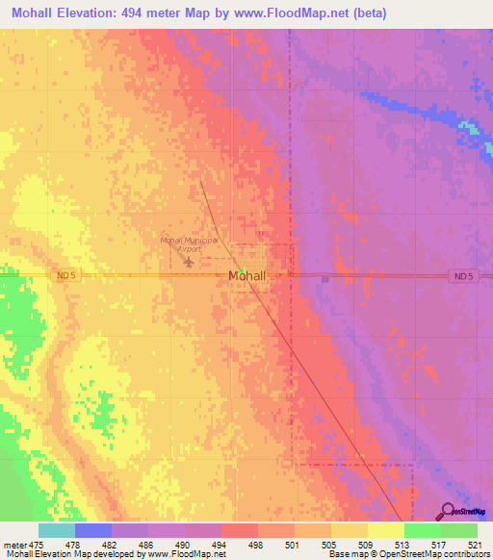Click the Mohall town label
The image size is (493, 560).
click(x=246, y=276)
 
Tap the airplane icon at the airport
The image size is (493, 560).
click(x=189, y=261)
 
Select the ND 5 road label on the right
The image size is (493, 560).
click(x=463, y=277)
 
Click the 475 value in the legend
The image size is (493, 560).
click(x=39, y=545)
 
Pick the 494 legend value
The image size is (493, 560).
click(x=221, y=545)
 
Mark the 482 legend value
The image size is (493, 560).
click(x=112, y=545)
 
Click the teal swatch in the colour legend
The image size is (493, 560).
click(x=57, y=530)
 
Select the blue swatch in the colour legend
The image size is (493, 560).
click(x=93, y=530)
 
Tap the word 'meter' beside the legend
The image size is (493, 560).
click(x=15, y=545)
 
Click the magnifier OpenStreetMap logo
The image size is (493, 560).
click(x=450, y=511)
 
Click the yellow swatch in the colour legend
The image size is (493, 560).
click(x=385, y=530)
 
